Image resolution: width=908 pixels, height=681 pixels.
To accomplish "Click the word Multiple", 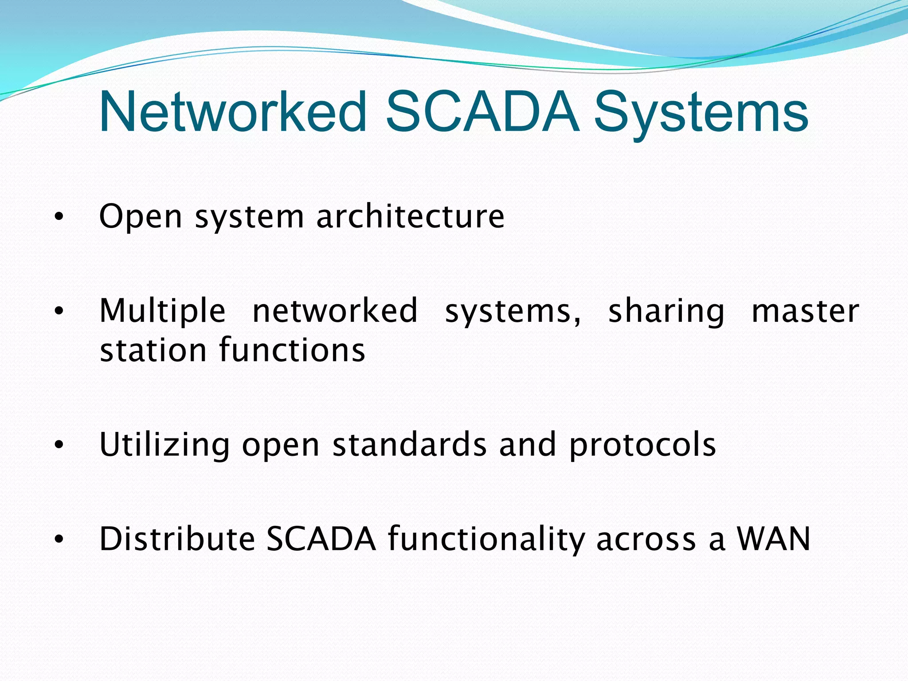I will click(x=162, y=312).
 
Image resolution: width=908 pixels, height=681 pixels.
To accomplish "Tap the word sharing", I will click(x=666, y=312).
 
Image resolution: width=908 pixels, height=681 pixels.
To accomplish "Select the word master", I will click(x=805, y=311).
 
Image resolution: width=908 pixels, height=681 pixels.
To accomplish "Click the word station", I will click(x=153, y=350).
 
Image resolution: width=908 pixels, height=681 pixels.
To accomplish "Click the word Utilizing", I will click(x=164, y=445).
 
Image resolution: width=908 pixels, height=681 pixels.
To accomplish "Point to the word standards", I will click(x=409, y=444).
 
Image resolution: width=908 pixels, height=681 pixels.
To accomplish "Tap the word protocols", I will click(x=642, y=445).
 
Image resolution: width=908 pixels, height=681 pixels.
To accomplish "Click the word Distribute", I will click(x=177, y=539).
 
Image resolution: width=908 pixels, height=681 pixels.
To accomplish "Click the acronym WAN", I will click(x=773, y=539).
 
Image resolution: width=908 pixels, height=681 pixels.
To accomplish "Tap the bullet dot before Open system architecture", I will click(x=59, y=217).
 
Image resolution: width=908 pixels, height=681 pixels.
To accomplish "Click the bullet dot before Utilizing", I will click(x=59, y=445).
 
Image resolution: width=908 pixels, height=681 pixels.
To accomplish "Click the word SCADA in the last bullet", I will click(x=321, y=539).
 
